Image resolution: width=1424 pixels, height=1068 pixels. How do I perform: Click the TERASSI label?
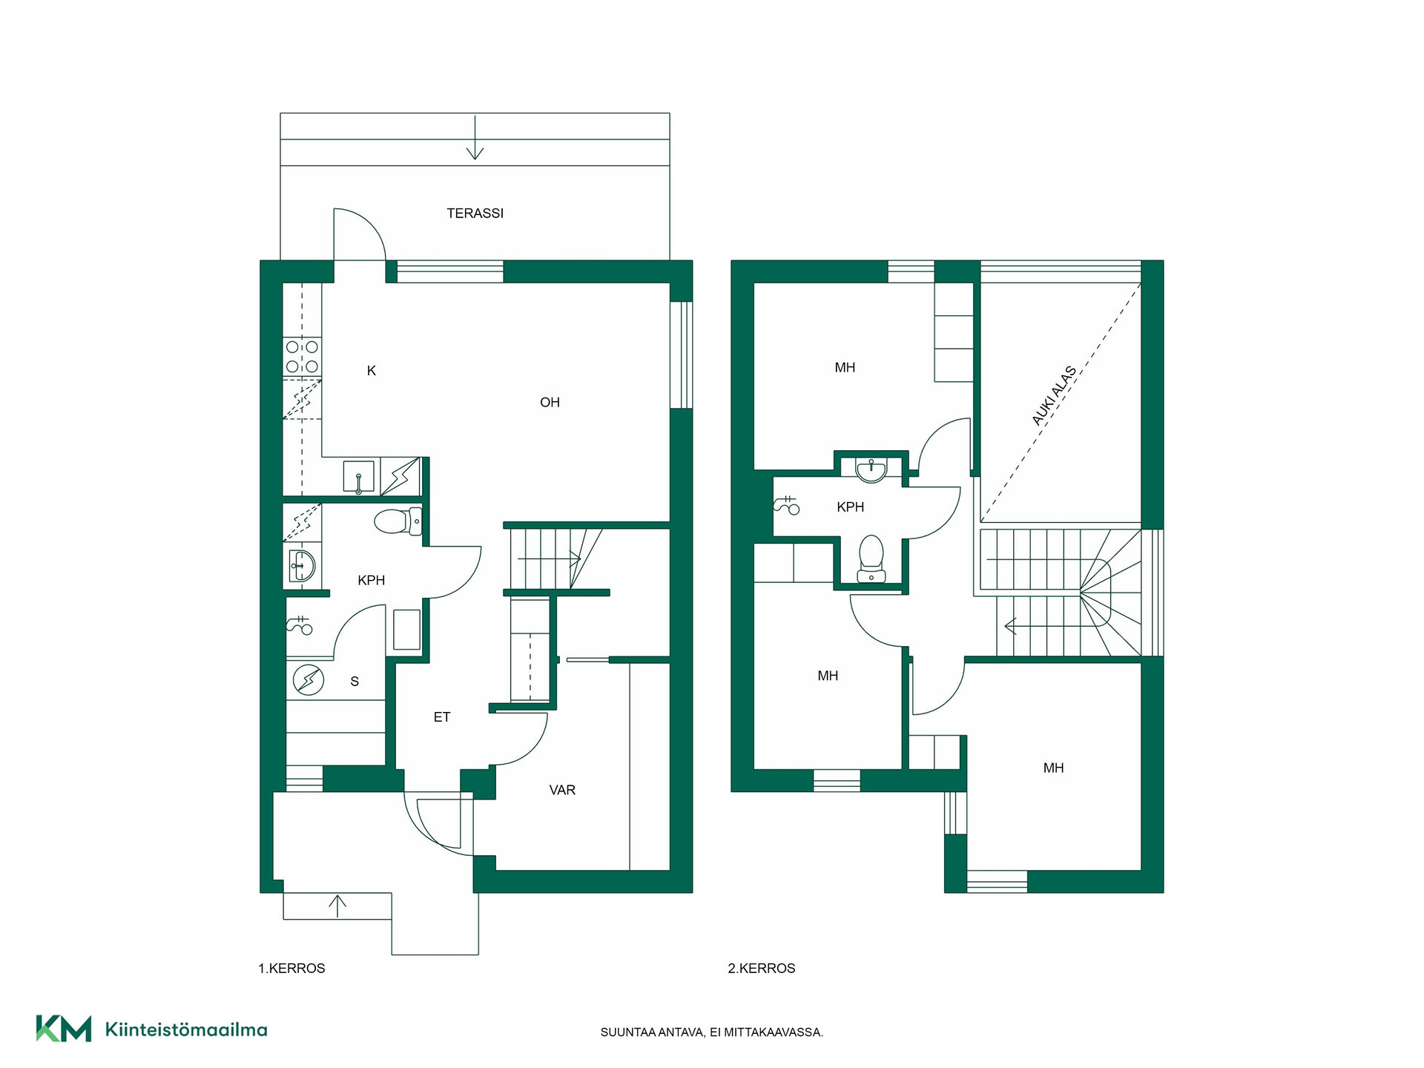475,214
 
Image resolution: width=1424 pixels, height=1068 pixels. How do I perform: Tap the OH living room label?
550,403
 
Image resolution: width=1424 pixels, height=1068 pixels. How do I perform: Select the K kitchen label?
372,371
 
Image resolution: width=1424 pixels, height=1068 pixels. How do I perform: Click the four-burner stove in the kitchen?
303,357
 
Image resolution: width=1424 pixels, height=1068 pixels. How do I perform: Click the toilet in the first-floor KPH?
398,521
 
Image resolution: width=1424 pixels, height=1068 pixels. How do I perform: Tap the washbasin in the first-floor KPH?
302,567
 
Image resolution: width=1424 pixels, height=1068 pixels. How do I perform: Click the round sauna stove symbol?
309,679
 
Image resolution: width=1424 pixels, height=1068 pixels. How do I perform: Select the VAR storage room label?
562,791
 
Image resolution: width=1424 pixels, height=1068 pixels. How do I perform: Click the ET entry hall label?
442,717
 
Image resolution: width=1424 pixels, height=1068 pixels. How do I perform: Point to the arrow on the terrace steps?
475,137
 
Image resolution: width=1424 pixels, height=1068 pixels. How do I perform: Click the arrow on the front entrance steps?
337,906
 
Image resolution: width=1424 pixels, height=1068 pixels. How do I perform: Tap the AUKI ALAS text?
1054,396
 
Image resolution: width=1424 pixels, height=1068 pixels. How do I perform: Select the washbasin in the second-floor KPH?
871,469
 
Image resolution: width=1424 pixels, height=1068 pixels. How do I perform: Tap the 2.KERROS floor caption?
762,969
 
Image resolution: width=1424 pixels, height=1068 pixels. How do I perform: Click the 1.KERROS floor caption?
291,969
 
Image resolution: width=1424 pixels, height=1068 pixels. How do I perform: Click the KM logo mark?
64,1029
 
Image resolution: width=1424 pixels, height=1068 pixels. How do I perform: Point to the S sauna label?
355,682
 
